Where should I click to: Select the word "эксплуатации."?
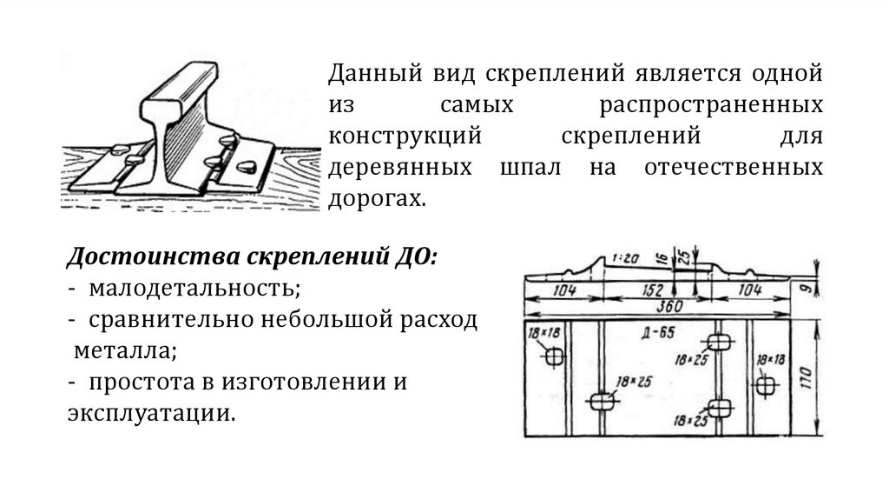tap(151, 413)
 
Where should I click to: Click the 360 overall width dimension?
tap(668, 306)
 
